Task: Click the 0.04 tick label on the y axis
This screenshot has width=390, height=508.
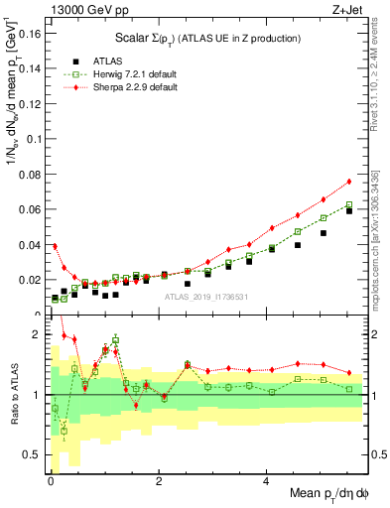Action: click(x=30, y=244)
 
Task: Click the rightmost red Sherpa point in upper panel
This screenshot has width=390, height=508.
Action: click(x=349, y=182)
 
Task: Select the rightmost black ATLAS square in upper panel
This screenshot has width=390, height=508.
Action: click(x=349, y=210)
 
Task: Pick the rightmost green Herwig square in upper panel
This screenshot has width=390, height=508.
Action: click(x=349, y=204)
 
